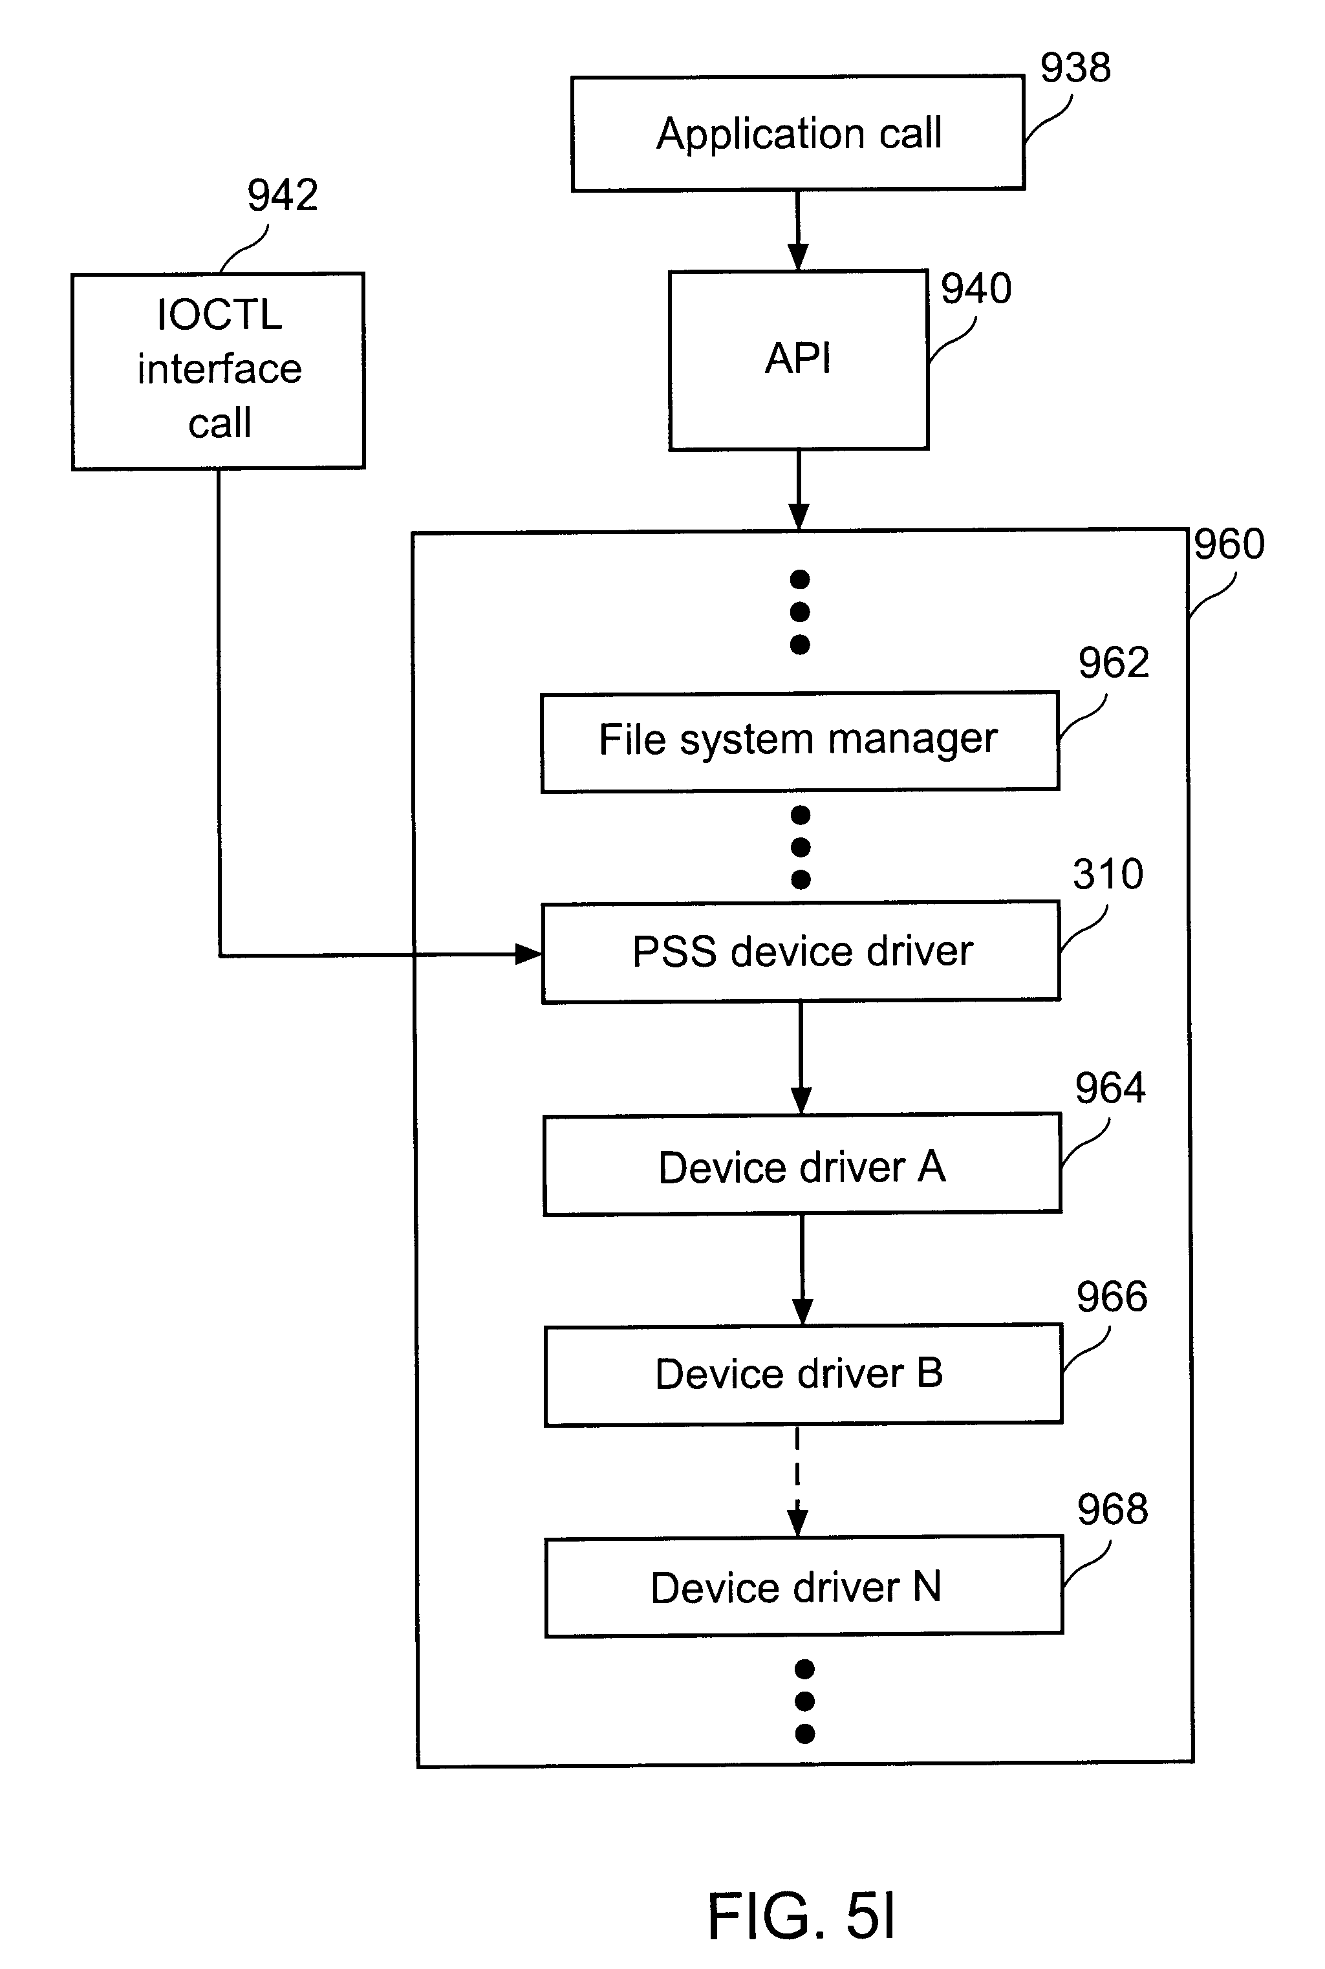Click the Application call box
(x=798, y=133)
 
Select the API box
(x=798, y=359)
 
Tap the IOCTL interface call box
(x=218, y=370)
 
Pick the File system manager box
(x=799, y=741)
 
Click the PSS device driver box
(x=801, y=952)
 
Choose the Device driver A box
(x=802, y=1165)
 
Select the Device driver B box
(x=803, y=1374)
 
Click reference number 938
(x=1075, y=68)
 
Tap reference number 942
(x=282, y=195)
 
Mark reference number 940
(x=976, y=289)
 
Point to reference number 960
(x=1229, y=544)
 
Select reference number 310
(x=1108, y=874)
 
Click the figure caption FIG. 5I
(x=801, y=1916)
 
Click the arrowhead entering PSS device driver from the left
(x=529, y=955)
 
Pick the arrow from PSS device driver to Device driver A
(x=801, y=1057)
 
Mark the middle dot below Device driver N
(x=804, y=1701)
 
